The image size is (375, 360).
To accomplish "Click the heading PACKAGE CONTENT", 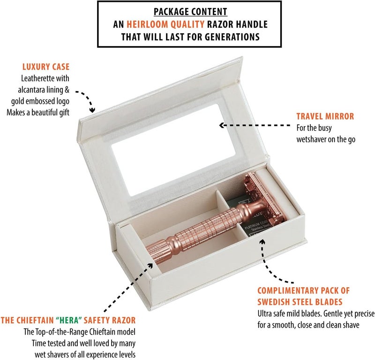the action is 190,11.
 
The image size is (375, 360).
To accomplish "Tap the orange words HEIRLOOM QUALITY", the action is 165,24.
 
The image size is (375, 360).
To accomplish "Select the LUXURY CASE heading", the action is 46,67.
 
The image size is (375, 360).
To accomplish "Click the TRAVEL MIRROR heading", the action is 325,116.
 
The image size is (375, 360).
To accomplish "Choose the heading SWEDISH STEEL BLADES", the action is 300,302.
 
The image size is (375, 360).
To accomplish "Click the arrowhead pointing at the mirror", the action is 222,125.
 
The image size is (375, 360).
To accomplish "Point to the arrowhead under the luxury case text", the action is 92,110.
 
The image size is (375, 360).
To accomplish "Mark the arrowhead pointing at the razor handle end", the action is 150,266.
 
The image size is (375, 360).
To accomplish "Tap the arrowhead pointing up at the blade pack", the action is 262,241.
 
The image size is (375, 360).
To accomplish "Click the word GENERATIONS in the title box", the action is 232,37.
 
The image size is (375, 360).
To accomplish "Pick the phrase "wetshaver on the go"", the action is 326,139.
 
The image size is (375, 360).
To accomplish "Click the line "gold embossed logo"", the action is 40,101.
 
